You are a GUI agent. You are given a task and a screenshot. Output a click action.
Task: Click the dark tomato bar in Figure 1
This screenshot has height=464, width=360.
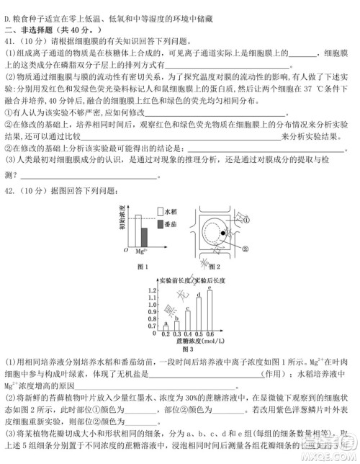point(143,238)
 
